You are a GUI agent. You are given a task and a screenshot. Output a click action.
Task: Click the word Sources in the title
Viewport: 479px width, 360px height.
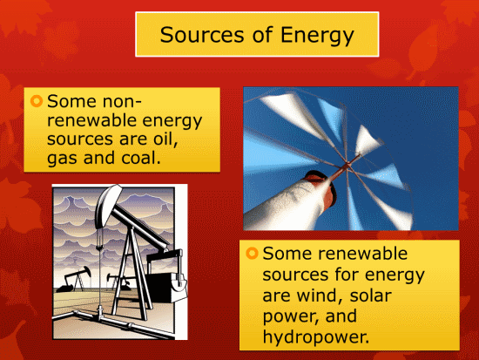[x=202, y=35]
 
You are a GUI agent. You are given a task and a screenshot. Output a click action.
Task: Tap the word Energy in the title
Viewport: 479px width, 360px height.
[x=317, y=36]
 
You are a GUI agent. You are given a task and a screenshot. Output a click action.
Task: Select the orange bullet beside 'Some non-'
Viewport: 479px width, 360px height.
[x=37, y=101]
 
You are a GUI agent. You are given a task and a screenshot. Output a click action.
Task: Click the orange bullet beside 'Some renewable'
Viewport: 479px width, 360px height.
[x=252, y=254]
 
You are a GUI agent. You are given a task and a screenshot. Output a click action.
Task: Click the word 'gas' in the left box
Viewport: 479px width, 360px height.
[x=62, y=159]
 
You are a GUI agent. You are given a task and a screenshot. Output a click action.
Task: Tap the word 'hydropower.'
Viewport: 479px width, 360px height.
[x=316, y=337]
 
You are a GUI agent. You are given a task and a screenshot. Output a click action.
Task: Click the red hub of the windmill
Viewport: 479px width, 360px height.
[x=346, y=166]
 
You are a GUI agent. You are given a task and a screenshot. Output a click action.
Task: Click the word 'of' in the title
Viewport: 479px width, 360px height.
[x=262, y=34]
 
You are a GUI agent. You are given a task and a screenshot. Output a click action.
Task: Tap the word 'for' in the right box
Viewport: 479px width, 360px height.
[x=347, y=274]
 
